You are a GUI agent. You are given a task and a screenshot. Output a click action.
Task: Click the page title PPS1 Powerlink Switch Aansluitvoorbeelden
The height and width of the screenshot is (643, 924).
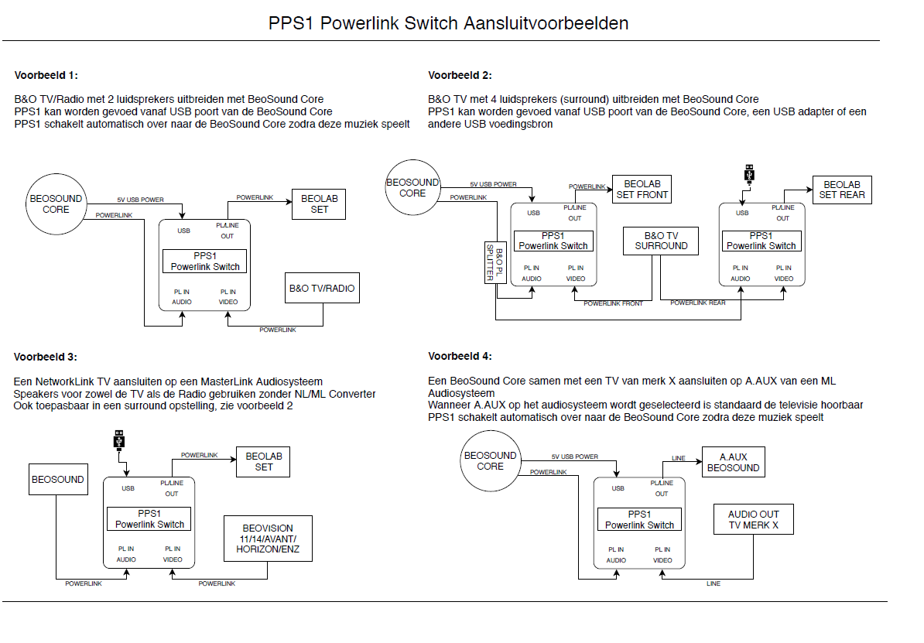[x=448, y=23]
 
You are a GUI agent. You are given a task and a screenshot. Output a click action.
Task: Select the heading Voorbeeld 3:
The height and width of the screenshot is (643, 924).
[x=46, y=357]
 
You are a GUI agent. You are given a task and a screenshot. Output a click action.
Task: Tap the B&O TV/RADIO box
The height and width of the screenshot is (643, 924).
[x=322, y=288]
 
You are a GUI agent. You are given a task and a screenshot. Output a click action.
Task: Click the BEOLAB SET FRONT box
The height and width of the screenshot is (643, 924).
[x=642, y=190]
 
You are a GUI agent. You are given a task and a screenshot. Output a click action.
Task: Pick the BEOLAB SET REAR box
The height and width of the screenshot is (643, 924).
[x=842, y=190]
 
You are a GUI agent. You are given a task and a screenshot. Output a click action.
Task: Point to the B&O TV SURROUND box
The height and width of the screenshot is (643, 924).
[x=661, y=241]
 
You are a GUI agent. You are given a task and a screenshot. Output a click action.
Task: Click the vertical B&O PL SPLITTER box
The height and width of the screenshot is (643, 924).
[x=495, y=262]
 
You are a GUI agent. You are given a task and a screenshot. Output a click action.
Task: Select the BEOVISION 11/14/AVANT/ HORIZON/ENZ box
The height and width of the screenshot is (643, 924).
[x=268, y=539]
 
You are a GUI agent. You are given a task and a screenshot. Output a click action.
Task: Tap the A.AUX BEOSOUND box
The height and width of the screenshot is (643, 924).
[x=733, y=462]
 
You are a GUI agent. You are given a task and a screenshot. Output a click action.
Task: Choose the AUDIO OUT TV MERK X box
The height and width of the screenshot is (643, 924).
[x=753, y=519]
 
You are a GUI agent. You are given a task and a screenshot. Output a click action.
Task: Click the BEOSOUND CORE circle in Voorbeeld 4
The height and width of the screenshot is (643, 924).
[x=491, y=461]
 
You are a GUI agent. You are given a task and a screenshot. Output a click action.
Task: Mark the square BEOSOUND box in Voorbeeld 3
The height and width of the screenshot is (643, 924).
[x=58, y=479]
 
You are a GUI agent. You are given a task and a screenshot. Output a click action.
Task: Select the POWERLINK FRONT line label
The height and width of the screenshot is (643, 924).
[x=613, y=303]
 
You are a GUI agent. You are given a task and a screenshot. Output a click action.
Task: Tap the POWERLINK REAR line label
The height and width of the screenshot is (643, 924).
[x=698, y=303]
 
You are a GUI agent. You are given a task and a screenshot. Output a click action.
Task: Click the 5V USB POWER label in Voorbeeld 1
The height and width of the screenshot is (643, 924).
[x=140, y=200]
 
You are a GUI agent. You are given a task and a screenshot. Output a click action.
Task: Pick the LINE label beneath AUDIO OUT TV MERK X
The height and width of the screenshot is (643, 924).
[x=713, y=583]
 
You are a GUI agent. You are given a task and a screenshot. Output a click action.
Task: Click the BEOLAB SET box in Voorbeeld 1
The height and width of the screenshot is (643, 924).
[x=319, y=204]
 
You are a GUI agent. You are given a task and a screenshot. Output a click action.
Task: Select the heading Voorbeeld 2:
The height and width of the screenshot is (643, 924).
[x=460, y=75]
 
